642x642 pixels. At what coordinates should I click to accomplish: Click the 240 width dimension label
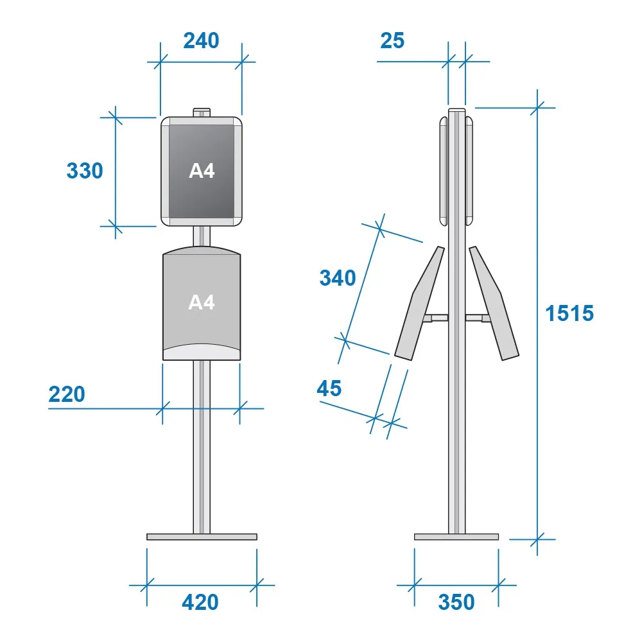(201, 40)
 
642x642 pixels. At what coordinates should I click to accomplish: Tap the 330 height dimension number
(85, 171)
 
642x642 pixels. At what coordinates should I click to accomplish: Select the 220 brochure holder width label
(67, 394)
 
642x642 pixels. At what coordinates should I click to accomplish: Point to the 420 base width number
(200, 602)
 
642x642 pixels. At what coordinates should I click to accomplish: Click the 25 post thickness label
(392, 40)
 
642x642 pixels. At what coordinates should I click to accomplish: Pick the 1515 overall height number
(569, 313)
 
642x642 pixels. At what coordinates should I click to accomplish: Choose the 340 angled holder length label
(338, 278)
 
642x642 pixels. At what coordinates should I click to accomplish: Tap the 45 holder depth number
(329, 388)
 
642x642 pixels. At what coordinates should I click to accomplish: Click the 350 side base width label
(456, 602)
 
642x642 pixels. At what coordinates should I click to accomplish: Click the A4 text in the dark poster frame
(202, 171)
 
